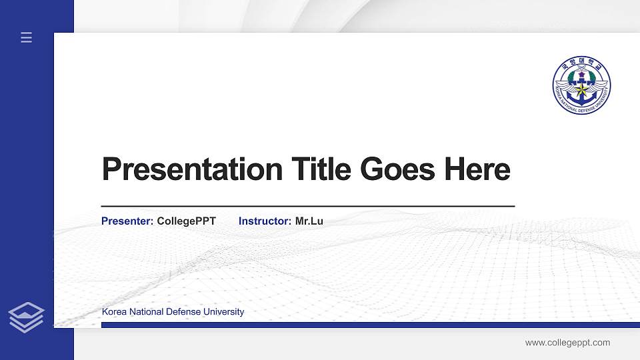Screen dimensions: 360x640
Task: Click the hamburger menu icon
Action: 27,37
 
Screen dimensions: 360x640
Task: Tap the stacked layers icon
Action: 26,317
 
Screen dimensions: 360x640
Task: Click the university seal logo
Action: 581,85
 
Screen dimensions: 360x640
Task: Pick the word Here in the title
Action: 477,169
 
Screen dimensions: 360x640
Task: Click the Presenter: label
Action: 127,221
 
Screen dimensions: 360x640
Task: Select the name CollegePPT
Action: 187,221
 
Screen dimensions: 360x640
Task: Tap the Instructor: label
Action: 265,221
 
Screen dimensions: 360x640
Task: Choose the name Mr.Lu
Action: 309,221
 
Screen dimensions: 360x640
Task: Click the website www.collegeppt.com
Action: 567,343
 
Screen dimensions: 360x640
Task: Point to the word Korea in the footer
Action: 113,312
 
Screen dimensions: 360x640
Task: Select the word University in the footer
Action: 224,312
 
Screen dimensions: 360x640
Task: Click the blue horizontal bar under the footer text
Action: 367,325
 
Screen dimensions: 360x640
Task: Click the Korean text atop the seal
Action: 581,67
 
